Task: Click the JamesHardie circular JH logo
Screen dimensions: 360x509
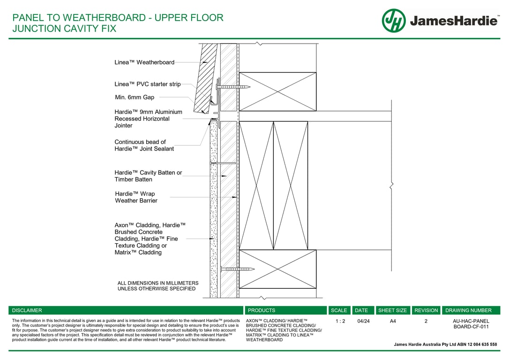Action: click(394, 21)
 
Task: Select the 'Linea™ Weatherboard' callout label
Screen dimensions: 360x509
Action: click(144, 62)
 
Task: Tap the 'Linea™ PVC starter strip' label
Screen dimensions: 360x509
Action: click(148, 84)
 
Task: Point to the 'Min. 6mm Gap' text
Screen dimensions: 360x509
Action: click(135, 97)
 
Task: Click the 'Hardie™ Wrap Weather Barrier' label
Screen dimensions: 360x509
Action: click(136, 197)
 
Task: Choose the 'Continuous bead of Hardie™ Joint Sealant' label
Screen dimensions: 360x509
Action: click(144, 145)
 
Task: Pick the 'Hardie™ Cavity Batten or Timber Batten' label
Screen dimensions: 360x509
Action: click(148, 176)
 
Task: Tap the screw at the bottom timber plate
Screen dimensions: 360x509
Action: click(237, 269)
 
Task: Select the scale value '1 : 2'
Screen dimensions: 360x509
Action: click(340, 322)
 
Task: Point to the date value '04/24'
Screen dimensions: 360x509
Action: click(363, 322)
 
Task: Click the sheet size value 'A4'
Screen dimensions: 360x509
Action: click(393, 322)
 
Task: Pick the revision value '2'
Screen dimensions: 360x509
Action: click(426, 322)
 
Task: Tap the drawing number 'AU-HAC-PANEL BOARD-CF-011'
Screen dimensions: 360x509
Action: click(471, 324)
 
